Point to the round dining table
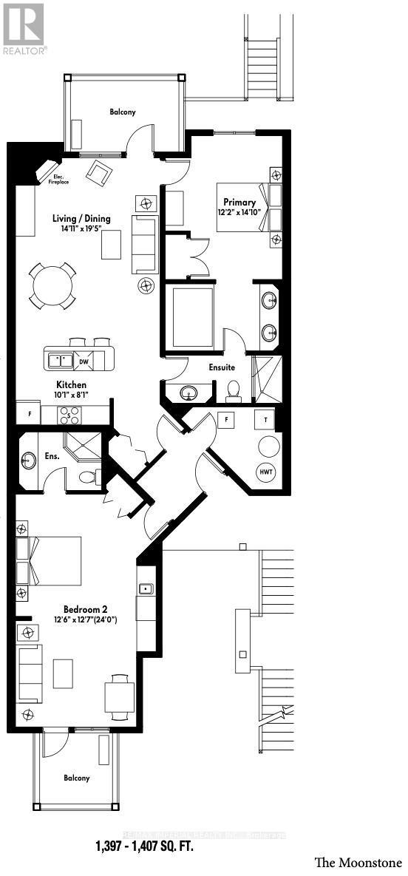52,285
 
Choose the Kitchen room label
72,385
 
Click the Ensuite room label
222,367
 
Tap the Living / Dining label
81,218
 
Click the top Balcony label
123,112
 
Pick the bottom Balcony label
76,778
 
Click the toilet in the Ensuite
234,390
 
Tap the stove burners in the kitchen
69,414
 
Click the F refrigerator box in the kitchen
30,413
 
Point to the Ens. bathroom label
53,456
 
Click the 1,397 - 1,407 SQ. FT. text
145,846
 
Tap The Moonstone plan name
358,863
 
